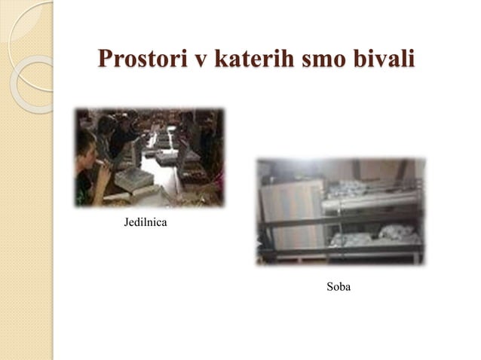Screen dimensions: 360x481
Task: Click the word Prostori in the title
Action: pos(139,58)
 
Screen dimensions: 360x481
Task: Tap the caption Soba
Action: pos(339,287)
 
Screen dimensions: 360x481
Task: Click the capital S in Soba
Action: pos(329,287)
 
